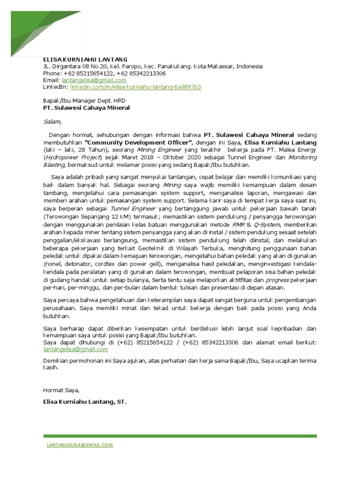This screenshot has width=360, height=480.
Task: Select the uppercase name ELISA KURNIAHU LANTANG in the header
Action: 85,60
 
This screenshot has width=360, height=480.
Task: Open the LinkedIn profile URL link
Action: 136,87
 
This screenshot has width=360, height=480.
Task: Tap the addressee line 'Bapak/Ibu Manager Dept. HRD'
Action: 84,100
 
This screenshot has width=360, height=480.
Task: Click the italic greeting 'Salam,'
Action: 52,122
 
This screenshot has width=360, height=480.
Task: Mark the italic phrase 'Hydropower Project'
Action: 72,157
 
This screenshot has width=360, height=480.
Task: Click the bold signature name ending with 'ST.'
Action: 85,402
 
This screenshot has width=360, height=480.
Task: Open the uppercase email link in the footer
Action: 80,445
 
